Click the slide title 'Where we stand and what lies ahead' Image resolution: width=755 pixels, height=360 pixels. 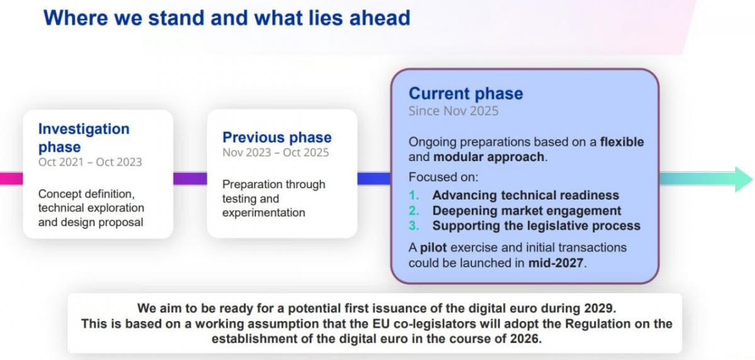227,18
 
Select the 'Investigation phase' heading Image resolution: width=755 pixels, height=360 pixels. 84,138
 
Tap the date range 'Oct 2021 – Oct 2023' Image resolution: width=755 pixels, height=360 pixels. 90,162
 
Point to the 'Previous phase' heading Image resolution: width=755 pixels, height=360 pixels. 277,138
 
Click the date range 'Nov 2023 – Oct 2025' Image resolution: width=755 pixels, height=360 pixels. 276,153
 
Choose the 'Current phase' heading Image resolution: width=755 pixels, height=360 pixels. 466,93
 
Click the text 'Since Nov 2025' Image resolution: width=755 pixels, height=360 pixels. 454,111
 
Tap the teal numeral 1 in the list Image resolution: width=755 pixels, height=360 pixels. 414,195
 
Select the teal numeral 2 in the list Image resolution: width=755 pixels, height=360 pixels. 414,211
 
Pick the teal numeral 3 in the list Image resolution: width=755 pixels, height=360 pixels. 414,226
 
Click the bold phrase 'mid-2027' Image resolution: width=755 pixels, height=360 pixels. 556,263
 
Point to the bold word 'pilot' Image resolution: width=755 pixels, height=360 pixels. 433,248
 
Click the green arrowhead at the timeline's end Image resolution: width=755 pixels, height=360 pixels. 744,179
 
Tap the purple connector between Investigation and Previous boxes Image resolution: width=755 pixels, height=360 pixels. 190,179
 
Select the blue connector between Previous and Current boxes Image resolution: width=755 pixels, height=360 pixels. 374,179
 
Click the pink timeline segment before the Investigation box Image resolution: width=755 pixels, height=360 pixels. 11,179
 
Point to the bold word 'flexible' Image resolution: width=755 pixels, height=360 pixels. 622,142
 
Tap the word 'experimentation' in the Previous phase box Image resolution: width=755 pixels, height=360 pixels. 264,213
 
